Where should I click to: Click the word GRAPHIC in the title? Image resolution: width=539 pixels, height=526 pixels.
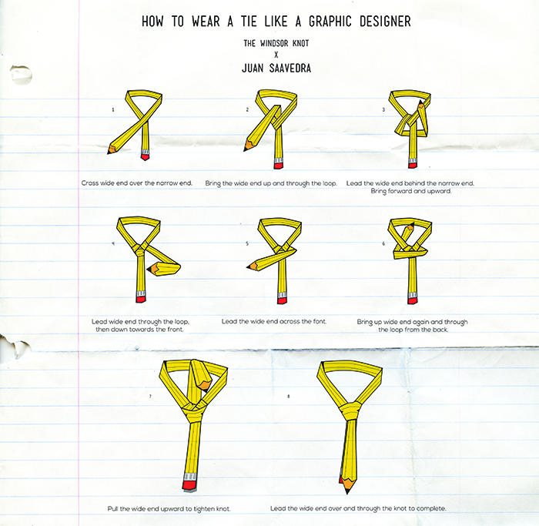[x=330, y=22]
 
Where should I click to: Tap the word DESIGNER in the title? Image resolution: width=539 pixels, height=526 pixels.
[x=385, y=22]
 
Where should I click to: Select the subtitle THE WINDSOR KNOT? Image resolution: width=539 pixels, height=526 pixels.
[x=276, y=43]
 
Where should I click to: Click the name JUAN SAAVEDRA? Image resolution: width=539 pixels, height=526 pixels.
[x=276, y=68]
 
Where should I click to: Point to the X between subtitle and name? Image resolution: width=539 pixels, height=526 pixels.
[x=276, y=55]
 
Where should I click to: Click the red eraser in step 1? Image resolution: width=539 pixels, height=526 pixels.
[x=145, y=157]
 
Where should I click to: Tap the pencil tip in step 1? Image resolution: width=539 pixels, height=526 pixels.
[x=110, y=151]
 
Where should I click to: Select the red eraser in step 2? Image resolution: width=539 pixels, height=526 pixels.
[x=278, y=166]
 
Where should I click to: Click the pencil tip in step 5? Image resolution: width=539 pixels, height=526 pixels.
[x=250, y=266]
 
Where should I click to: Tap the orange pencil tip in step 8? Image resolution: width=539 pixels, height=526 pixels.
[x=347, y=485]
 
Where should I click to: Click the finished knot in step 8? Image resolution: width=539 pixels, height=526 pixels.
[x=350, y=410]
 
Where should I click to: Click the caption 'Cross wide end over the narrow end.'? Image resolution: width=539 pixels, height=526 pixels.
[x=137, y=183]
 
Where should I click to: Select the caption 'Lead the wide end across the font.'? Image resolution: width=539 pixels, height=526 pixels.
[x=274, y=321]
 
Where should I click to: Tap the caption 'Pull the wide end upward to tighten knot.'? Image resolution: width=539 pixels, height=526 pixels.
[x=169, y=508]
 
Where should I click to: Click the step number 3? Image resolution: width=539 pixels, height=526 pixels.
[x=383, y=109]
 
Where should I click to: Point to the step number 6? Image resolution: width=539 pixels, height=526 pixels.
[x=383, y=243]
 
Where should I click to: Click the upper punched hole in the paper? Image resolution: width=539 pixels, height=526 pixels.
[x=22, y=74]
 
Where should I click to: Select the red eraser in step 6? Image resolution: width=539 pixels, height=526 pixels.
[x=412, y=301]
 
